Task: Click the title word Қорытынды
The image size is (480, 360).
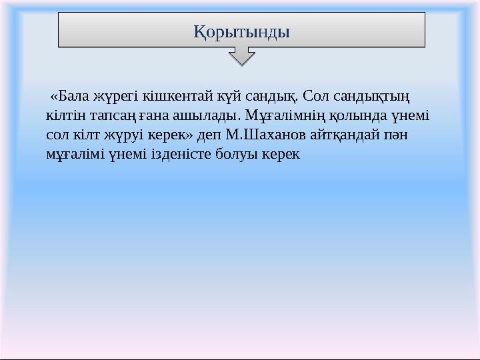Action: (241, 31)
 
